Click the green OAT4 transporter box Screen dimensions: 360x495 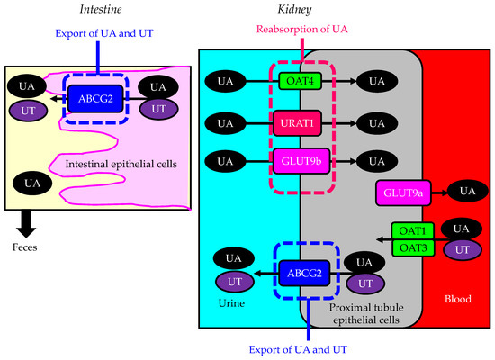pos(301,79)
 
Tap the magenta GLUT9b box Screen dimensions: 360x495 pos(301,162)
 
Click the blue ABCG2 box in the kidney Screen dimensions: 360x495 pos(301,272)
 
